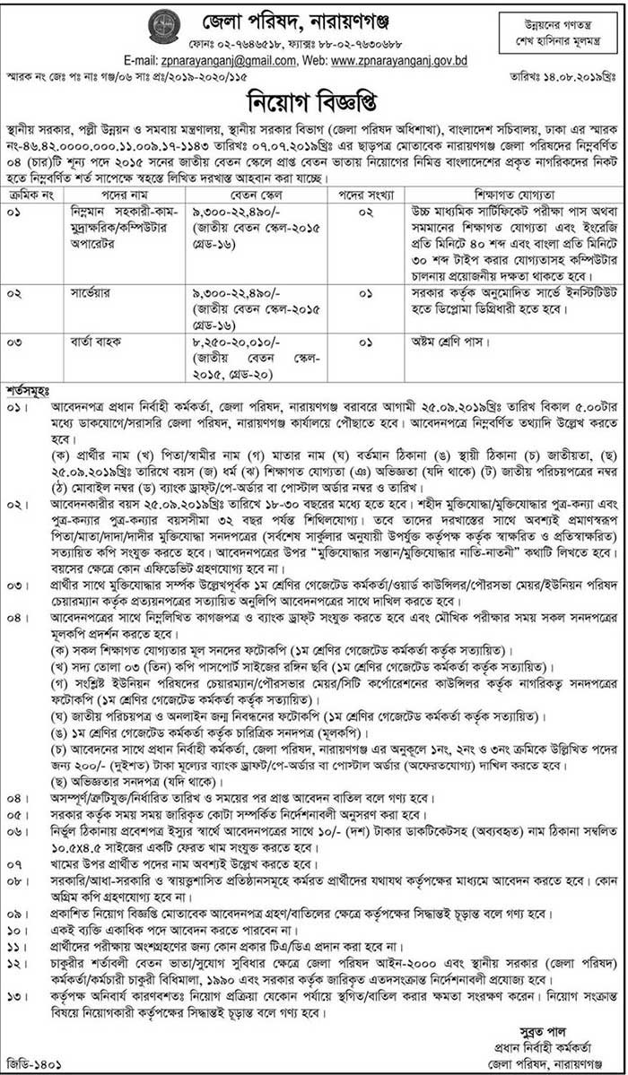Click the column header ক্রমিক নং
pos(31,168)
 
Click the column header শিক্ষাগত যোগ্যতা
pos(513,168)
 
